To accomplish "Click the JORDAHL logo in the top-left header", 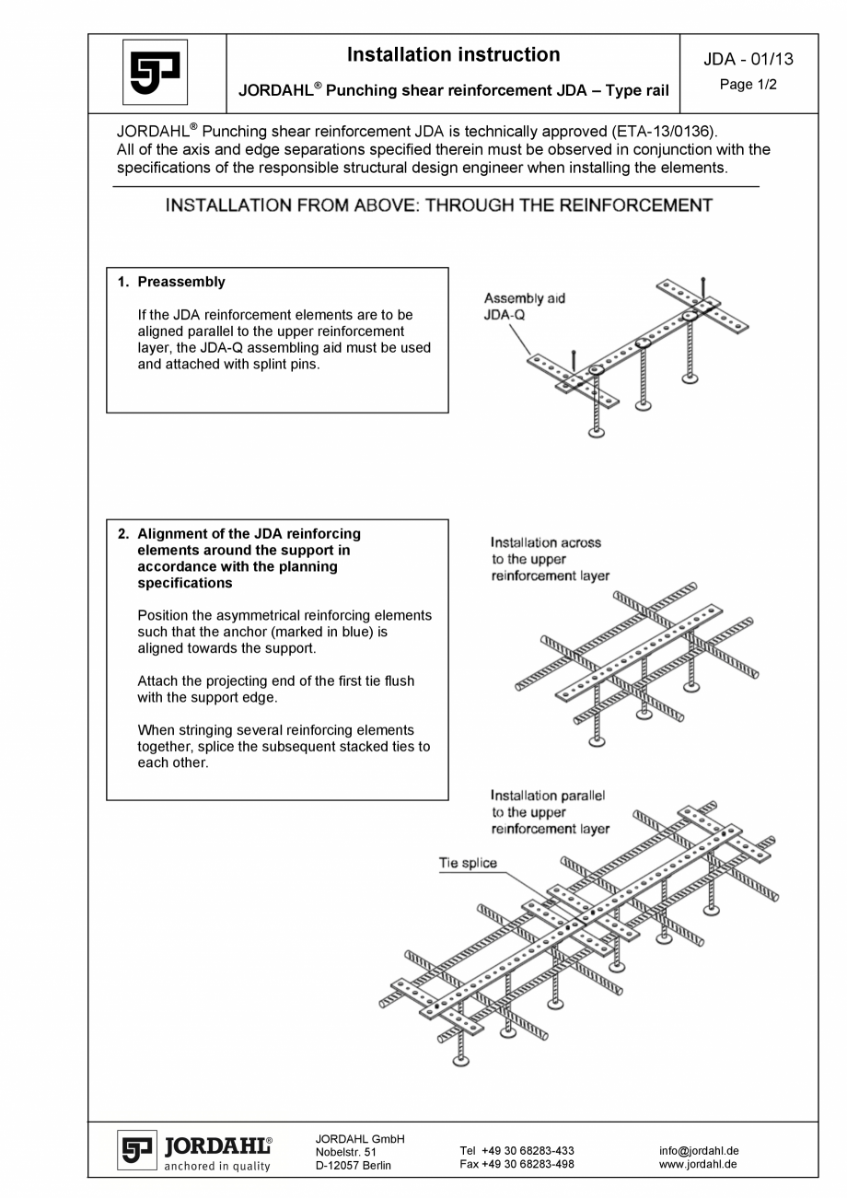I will (155, 73).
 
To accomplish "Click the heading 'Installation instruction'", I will (453, 55).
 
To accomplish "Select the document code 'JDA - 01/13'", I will (748, 60).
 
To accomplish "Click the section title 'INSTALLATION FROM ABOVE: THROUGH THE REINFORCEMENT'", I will (438, 205).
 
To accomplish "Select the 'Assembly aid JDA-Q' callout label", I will (524, 306).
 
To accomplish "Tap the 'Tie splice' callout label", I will (468, 863).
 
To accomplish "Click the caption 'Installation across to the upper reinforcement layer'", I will (550, 559).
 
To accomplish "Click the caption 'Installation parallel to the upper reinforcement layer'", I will (550, 812).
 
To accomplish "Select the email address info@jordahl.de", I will (699, 1150).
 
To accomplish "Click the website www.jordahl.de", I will (697, 1164).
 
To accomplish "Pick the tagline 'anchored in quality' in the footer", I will (217, 1166).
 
